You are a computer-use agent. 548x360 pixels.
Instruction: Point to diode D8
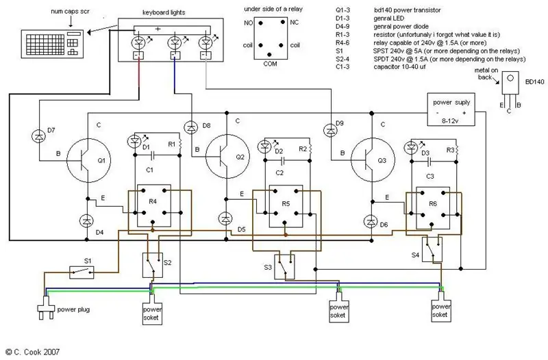[191, 127]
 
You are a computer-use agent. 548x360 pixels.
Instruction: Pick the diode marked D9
[331, 131]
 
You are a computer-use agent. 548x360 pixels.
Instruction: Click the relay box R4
[153, 205]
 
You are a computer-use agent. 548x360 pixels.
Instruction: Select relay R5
[286, 206]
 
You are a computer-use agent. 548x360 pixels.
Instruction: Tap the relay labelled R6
[433, 208]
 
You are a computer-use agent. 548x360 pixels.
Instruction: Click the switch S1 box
[82, 272]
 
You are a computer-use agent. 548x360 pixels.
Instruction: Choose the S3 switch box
[284, 267]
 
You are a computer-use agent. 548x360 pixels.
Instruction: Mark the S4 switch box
[432, 249]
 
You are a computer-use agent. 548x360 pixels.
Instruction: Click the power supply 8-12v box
[451, 110]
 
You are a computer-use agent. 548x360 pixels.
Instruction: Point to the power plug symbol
[47, 307]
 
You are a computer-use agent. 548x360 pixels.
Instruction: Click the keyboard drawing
[53, 44]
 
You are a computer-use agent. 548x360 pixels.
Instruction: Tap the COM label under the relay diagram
[270, 64]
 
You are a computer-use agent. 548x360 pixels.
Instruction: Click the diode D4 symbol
[86, 221]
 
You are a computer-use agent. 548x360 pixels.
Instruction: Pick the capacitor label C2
[279, 173]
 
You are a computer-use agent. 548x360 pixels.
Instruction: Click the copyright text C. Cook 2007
[32, 352]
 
